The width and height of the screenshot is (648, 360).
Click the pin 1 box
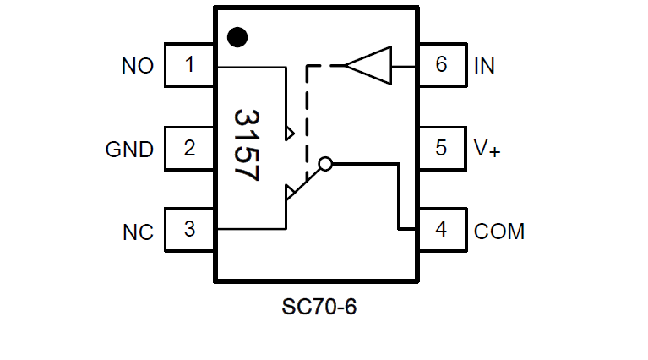point(189,65)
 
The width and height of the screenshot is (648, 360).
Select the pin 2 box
point(189,148)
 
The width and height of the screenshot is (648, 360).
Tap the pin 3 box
point(189,229)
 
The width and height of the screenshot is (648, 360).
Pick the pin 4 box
point(441,229)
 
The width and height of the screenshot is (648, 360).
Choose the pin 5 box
point(441,148)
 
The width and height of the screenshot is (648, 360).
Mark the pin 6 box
point(441,65)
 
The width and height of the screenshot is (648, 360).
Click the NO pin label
point(138,66)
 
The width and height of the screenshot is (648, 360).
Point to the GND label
point(129,150)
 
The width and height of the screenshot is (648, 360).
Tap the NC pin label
point(138,232)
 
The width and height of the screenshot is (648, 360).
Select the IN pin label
point(484,66)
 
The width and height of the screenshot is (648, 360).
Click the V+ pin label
point(487,150)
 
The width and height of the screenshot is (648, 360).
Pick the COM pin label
point(499,232)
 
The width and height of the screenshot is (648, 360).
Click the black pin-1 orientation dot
point(238,36)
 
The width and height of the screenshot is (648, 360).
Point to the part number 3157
point(246,145)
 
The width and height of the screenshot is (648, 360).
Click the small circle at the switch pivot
point(325,163)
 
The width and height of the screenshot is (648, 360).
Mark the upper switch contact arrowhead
point(291,133)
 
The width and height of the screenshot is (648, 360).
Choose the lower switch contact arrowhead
point(291,192)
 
